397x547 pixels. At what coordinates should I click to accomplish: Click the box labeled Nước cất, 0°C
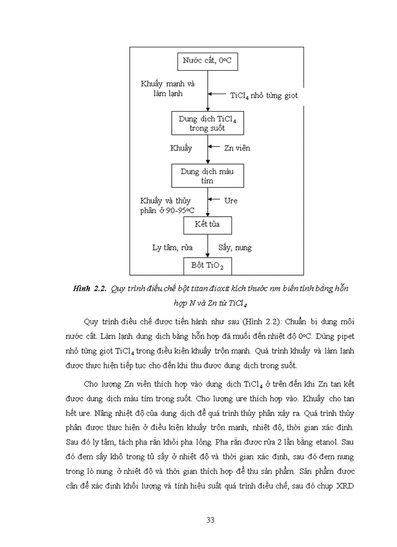208,61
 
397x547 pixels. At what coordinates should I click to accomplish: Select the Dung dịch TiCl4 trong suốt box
208,123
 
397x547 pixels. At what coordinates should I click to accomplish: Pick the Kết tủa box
208,226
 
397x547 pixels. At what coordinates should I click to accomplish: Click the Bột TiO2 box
208,266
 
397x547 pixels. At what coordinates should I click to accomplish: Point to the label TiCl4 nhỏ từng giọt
264,96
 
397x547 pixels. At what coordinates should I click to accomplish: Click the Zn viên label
237,148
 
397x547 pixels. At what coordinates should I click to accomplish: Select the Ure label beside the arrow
231,200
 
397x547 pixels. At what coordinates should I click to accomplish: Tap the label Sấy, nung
235,247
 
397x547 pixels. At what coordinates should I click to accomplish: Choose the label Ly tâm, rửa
172,247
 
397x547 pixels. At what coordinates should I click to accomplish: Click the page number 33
210,520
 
